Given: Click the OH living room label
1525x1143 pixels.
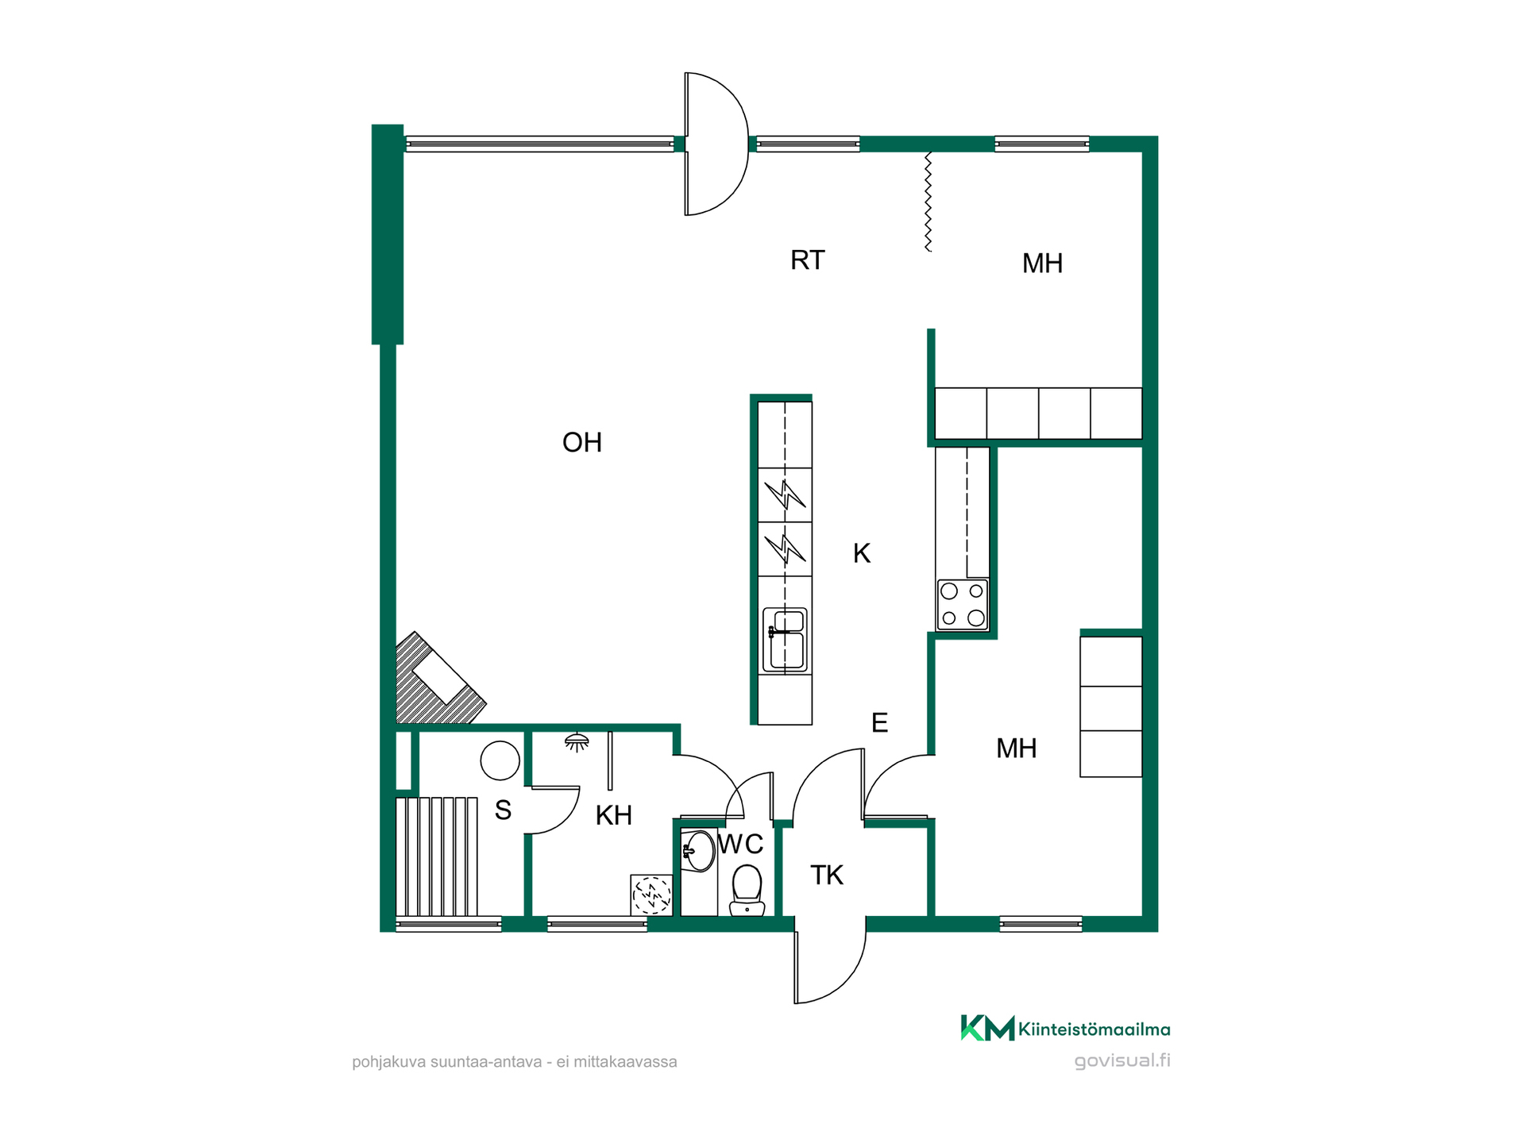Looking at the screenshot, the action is (582, 442).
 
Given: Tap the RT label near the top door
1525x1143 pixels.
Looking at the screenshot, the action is (808, 260).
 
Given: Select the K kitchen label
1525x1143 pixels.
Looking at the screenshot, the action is (862, 553).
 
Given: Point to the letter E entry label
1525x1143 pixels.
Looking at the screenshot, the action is (879, 722).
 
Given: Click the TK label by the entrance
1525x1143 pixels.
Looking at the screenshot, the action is (827, 875).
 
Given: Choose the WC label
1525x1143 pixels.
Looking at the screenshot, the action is (741, 844).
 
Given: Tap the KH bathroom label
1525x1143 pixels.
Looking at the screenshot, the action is (614, 815).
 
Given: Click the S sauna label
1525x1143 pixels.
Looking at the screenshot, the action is (503, 810).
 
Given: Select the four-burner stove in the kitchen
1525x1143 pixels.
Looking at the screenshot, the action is (963, 604).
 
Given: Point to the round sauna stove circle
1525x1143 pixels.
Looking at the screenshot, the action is (500, 760).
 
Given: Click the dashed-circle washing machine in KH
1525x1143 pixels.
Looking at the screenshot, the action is (651, 895).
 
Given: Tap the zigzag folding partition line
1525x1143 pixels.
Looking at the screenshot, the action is (928, 202).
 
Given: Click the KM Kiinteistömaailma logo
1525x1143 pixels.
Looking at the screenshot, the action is (1065, 1029).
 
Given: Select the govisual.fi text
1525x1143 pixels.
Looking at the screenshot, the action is (1122, 1061).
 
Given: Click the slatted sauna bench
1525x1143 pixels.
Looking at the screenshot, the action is (437, 857).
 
